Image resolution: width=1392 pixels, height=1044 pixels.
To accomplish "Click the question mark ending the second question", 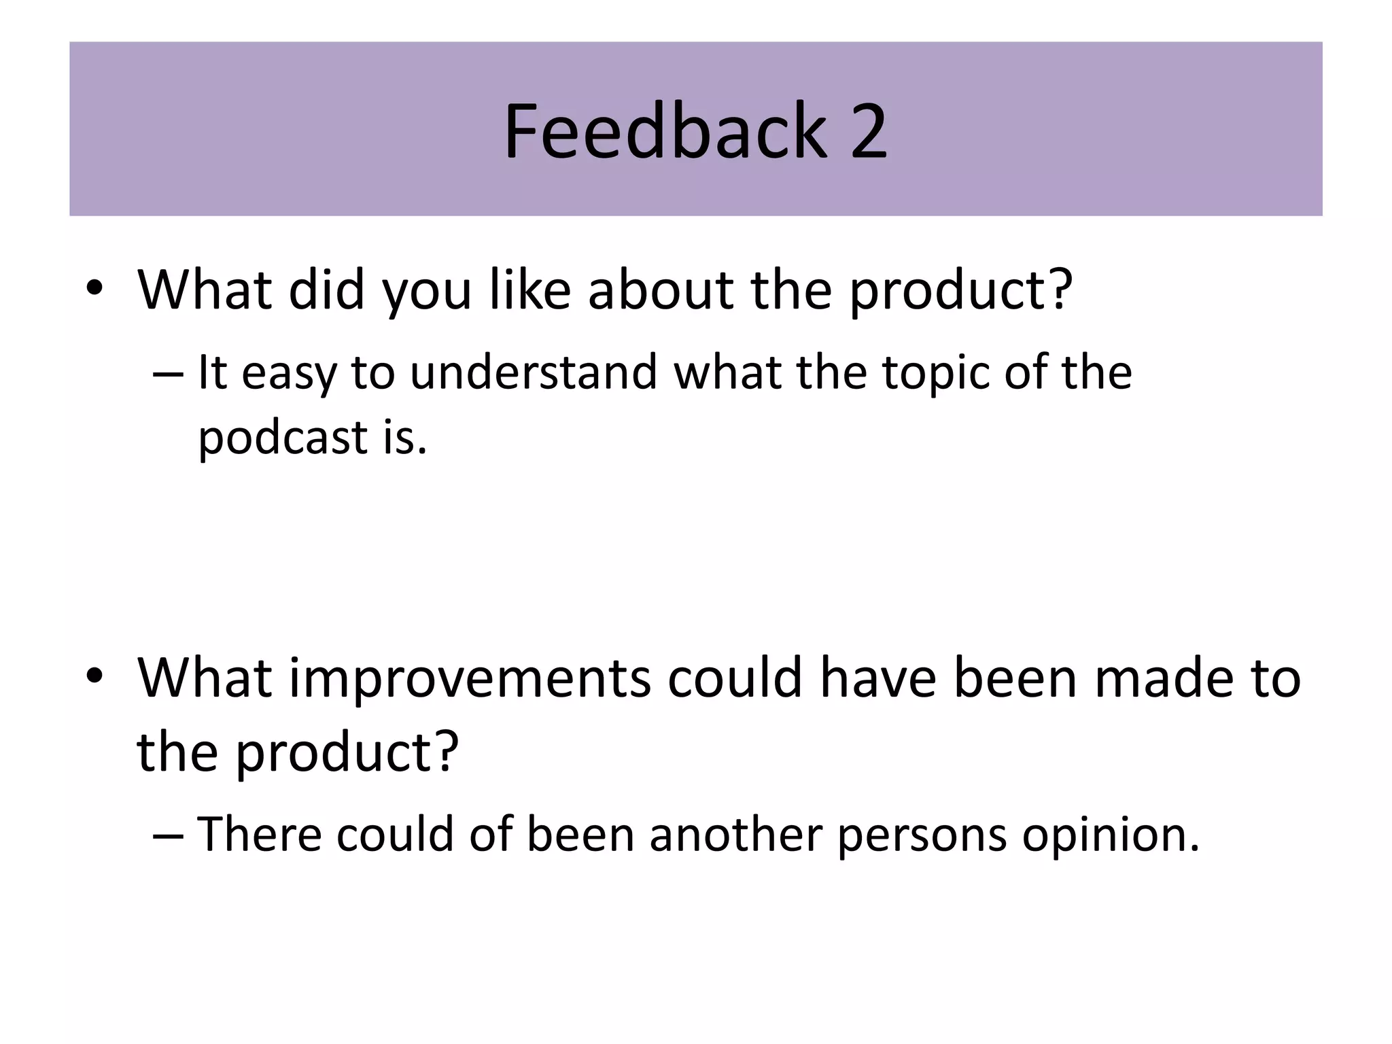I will click(x=445, y=752).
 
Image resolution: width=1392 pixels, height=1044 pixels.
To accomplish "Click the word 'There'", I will click(x=259, y=833).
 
